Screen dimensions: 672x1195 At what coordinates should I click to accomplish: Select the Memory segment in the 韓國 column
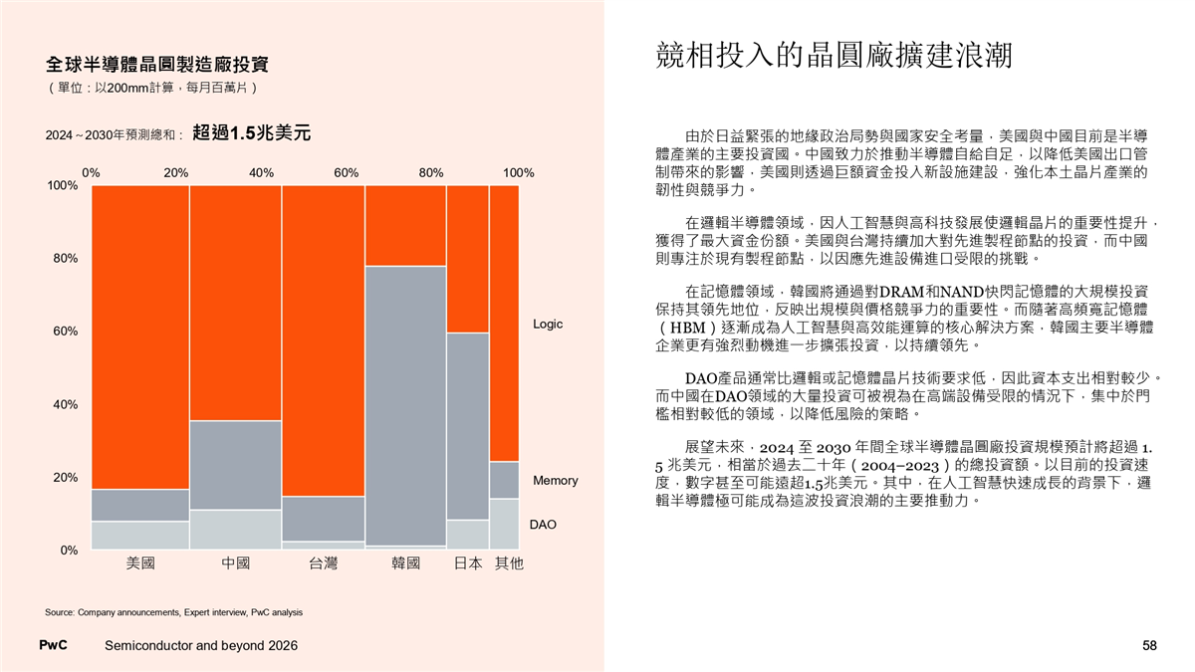404,405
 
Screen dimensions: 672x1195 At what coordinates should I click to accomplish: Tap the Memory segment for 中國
235,465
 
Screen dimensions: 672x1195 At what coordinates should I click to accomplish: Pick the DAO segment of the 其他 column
504,523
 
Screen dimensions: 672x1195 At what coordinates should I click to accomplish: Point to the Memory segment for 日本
467,426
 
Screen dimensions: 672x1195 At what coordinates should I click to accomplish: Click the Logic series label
549,325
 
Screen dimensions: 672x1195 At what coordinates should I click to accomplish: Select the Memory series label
556,481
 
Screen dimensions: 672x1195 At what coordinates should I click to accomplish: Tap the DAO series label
543,524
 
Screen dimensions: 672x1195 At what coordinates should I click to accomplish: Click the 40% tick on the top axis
262,172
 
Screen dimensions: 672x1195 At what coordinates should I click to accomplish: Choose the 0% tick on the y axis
68,550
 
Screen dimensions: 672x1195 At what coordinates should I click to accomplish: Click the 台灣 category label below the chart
323,564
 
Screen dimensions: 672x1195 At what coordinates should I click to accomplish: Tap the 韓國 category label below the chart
405,564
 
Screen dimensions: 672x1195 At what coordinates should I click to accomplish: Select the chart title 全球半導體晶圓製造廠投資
156,66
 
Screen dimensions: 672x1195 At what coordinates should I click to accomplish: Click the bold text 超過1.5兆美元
252,132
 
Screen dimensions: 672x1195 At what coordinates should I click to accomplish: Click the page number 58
1149,646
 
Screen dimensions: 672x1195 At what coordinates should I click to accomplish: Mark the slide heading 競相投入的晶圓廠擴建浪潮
834,56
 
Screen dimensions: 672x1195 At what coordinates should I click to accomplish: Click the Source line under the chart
174,611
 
